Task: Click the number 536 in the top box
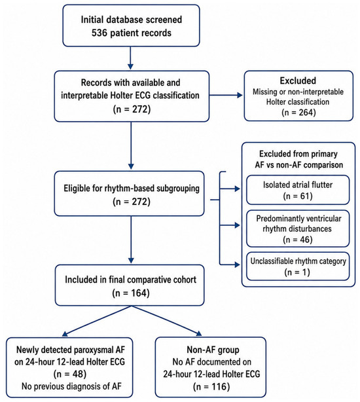(99, 33)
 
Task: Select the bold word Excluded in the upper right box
(298, 81)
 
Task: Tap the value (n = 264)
(298, 113)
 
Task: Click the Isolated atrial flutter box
(298, 190)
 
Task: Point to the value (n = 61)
(298, 196)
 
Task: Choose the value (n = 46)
(298, 240)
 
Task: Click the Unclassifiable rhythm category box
(298, 266)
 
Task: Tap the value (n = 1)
(297, 272)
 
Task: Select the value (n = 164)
(131, 293)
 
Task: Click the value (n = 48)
(70, 374)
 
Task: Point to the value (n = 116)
(211, 386)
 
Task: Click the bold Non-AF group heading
(213, 350)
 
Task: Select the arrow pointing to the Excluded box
(226, 96)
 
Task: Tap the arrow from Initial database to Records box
(130, 58)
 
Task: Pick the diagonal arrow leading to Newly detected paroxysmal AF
(97, 321)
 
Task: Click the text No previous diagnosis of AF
(71, 386)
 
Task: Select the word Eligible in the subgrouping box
(75, 189)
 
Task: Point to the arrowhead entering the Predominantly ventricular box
(237, 225)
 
